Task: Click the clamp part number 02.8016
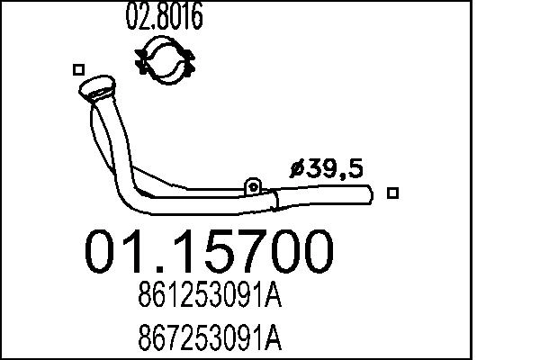[168, 16]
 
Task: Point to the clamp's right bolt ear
[192, 64]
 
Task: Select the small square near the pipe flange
[78, 69]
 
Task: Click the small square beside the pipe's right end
[391, 192]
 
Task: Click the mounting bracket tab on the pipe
[254, 186]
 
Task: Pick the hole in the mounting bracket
[254, 186]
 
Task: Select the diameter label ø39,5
[327, 167]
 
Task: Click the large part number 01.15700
[209, 252]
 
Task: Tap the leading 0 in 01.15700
[103, 252]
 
